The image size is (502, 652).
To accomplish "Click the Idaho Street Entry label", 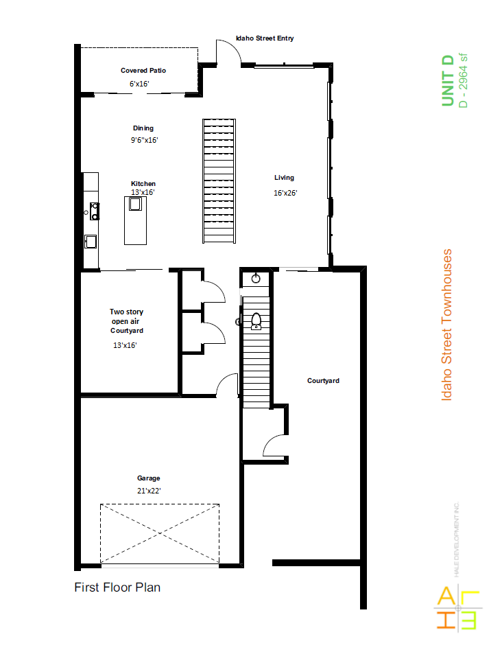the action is pos(265,38).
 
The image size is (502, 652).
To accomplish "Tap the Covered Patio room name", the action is pos(143,71).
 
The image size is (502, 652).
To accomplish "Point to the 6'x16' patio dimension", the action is pos(139,84).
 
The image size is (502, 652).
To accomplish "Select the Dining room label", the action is pos(143,128).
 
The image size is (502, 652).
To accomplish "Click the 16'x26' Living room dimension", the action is pos(285,193).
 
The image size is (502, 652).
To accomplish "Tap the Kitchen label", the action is pos(143,183).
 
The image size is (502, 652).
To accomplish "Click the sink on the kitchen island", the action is pos(135,204).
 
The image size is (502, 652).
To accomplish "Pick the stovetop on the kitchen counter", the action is pos(95,211).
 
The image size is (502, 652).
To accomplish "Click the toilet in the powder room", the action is pos(256,321).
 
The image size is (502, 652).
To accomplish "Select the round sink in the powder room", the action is pos(256,279).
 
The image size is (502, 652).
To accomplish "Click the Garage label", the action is pos(148,478).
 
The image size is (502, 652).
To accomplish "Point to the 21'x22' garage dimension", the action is pos(149,491).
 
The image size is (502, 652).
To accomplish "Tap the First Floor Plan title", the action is pos(117,587).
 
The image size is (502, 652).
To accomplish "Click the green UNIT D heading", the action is pos(448,80).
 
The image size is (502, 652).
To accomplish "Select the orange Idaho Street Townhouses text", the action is pos(446,325).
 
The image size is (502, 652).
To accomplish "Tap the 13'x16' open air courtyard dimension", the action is pos(125,345).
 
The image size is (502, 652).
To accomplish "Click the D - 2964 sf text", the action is pos(463,81).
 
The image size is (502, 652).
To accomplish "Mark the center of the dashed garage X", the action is pos(160,533).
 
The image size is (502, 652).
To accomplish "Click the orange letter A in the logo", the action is pos(446,596).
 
